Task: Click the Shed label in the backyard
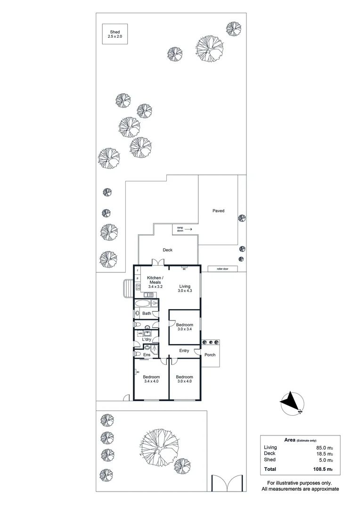115,32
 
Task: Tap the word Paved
218,211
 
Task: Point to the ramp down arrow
188,229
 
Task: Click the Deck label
168,250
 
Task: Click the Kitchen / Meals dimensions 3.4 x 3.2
155,287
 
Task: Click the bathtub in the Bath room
144,304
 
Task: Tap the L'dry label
147,339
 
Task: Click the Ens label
147,354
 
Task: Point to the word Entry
184,351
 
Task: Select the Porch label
210,354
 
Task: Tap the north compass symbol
293,403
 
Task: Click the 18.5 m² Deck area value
325,453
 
